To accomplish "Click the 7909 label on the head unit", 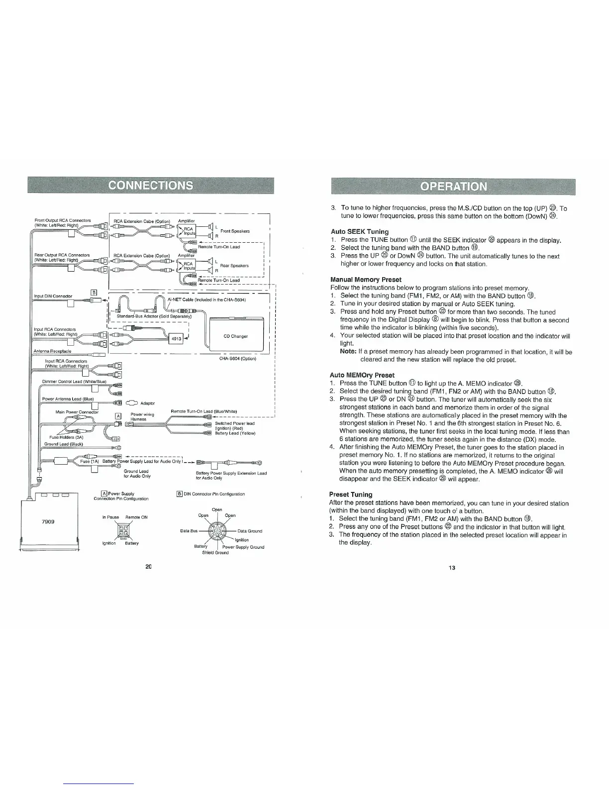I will point(48,521).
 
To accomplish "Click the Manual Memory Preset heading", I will point(366,280).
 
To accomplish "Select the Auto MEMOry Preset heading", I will point(362,375).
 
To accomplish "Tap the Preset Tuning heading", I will point(351,494).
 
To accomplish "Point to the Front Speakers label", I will point(235,231).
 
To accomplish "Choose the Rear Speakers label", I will point(234,266).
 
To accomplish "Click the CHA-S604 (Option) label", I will point(238,358).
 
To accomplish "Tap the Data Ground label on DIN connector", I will point(250,531).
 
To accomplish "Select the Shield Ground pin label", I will point(215,553).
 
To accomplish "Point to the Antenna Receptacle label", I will point(52,351).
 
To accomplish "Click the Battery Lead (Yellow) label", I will point(235,433).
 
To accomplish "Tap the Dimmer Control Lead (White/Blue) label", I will point(74,382).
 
